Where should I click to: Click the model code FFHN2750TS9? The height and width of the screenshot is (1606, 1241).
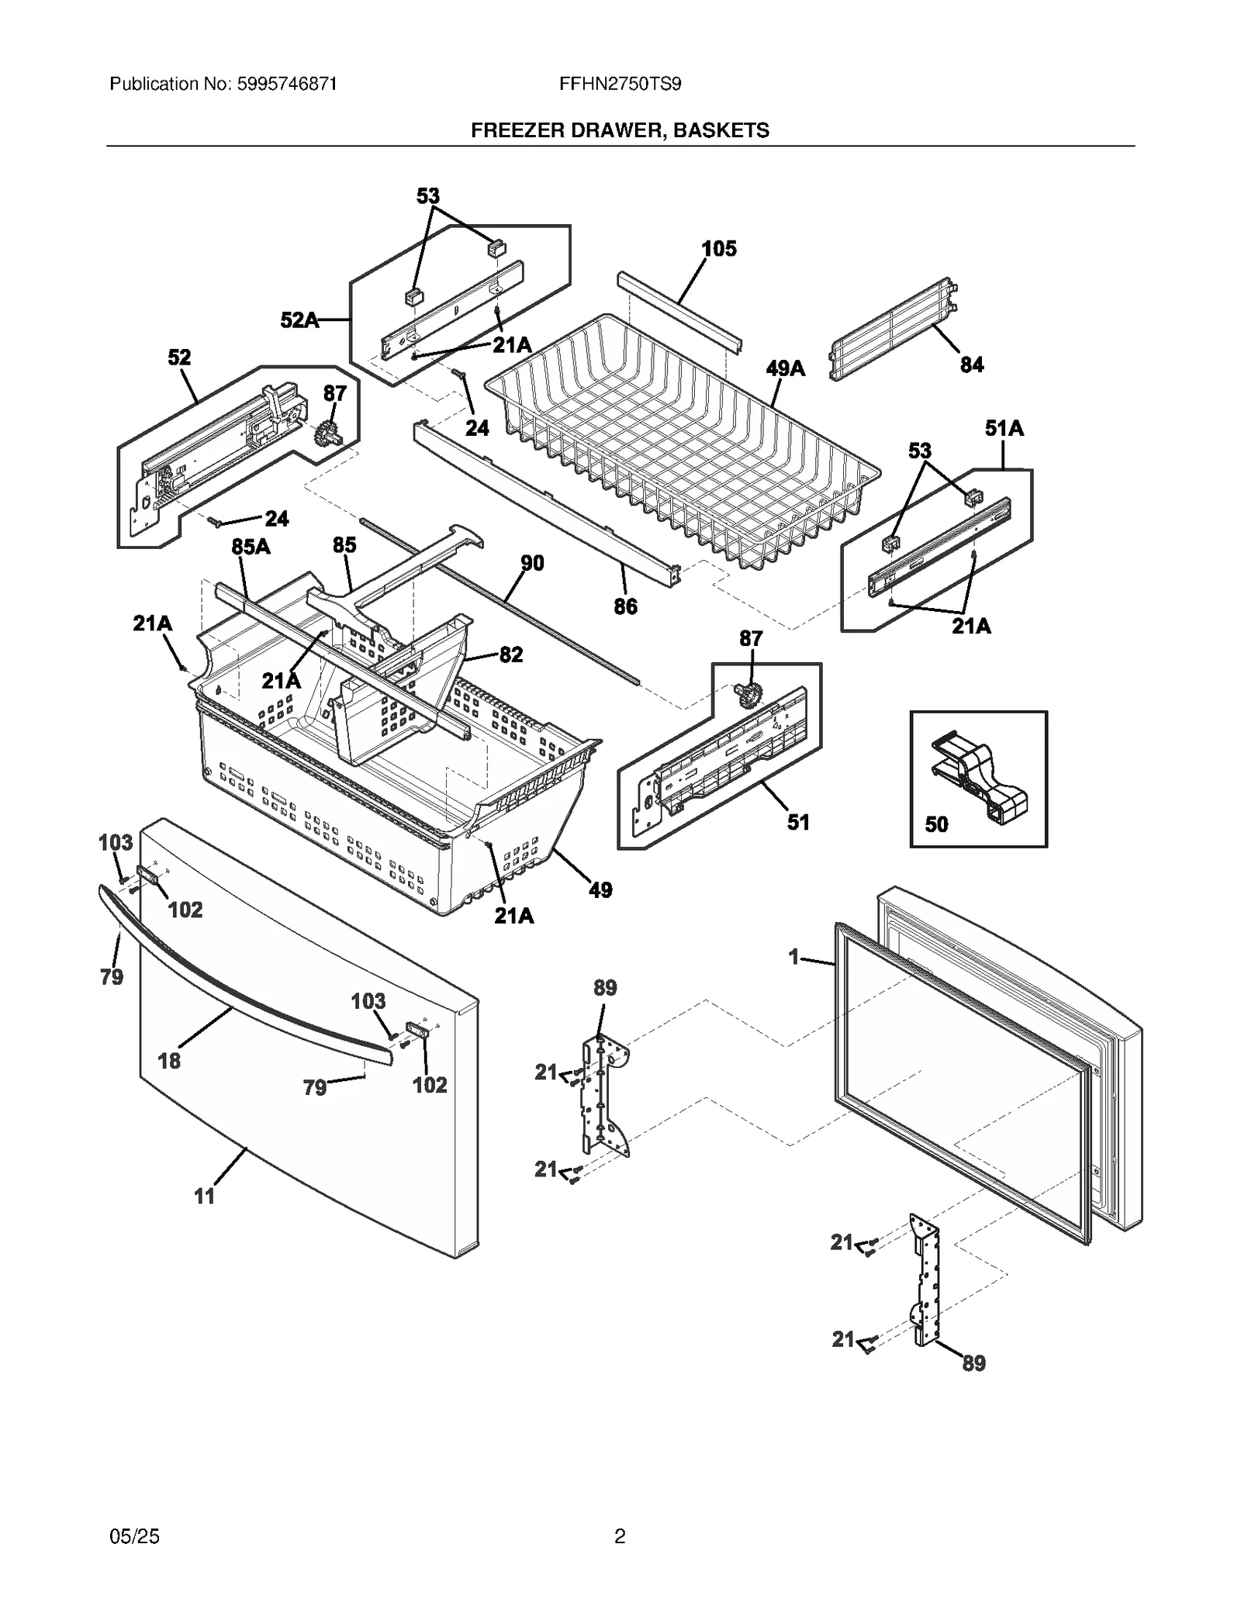[x=620, y=84]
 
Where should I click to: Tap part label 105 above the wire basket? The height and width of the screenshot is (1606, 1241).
[x=718, y=249]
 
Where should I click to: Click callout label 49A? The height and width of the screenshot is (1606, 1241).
[x=785, y=368]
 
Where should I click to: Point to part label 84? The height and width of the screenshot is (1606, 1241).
[x=971, y=364]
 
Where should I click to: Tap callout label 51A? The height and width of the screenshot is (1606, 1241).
[x=1004, y=428]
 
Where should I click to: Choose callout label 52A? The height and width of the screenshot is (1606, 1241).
[x=299, y=319]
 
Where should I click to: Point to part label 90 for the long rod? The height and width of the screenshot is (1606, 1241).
[x=531, y=563]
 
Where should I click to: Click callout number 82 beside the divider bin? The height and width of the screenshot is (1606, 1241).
[x=510, y=654]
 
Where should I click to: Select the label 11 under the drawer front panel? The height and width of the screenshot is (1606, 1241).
[x=204, y=1197]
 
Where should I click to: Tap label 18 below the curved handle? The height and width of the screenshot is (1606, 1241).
[x=169, y=1061]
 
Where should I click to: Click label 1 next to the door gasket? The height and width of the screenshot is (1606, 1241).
[x=793, y=958]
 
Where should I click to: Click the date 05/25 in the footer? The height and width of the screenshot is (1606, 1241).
[x=135, y=1536]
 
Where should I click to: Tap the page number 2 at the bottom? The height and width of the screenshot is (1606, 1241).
[x=620, y=1536]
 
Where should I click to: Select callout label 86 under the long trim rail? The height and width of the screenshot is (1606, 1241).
[x=625, y=606]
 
